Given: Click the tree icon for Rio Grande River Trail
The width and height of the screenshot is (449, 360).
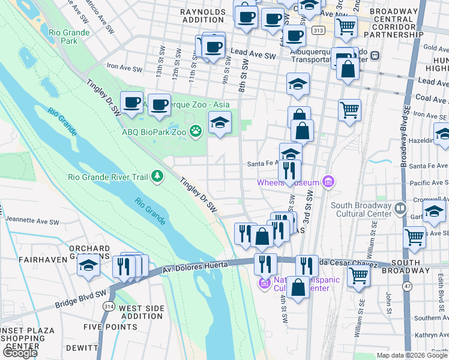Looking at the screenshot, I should tap(157, 176).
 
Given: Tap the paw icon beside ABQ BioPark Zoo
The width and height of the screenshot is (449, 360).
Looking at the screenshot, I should tap(195, 130).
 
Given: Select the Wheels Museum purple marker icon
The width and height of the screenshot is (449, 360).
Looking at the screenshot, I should tap(327, 181).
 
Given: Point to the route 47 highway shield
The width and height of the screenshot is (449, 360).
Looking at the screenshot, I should tap(408, 287).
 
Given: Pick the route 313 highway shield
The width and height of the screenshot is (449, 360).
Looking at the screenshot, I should tap(319, 30).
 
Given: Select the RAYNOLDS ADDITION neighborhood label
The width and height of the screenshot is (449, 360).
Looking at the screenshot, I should tap(206, 15).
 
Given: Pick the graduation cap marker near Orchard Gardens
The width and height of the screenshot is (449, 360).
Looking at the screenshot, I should tap(89, 265).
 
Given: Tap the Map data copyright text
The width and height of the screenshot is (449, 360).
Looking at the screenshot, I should tap(412, 355).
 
